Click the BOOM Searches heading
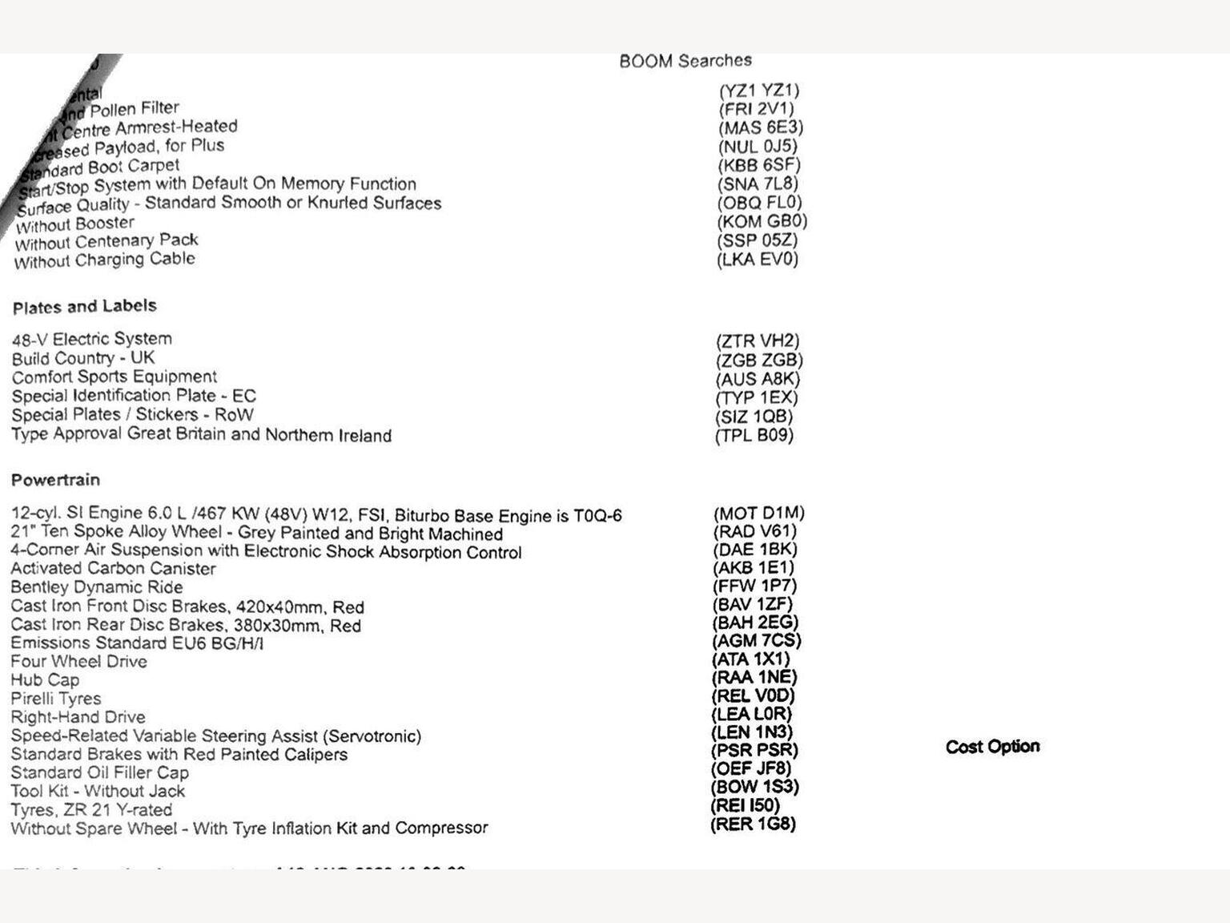tap(685, 61)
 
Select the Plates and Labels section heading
tap(84, 306)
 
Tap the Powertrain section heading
tap(55, 480)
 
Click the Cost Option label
tap(992, 747)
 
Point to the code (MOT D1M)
tap(758, 513)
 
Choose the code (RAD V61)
tap(754, 531)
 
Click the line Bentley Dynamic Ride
tap(97, 586)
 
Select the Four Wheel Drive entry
tap(78, 661)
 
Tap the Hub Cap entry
tap(45, 679)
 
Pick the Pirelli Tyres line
tap(56, 698)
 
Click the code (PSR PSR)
tap(754, 751)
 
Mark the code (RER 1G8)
tap(753, 824)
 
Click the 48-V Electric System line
tap(91, 339)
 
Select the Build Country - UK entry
tap(83, 358)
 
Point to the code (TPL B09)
tap(754, 436)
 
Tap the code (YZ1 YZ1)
tap(759, 91)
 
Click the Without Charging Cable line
tap(104, 260)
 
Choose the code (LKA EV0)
tap(757, 259)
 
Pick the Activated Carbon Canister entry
tap(113, 568)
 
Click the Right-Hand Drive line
tap(78, 716)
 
